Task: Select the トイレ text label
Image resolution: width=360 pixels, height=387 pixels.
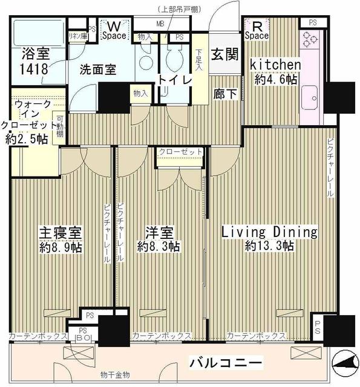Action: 171,79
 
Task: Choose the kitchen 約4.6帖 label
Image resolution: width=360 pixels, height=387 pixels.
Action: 275,71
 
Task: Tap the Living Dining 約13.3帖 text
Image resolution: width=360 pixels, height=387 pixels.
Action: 269,238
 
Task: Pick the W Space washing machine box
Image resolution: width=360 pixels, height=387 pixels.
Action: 113,30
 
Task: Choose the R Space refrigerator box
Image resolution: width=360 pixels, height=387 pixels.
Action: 257,30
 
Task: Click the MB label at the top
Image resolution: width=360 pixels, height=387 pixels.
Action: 160,24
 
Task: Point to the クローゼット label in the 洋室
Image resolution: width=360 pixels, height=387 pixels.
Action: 180,152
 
